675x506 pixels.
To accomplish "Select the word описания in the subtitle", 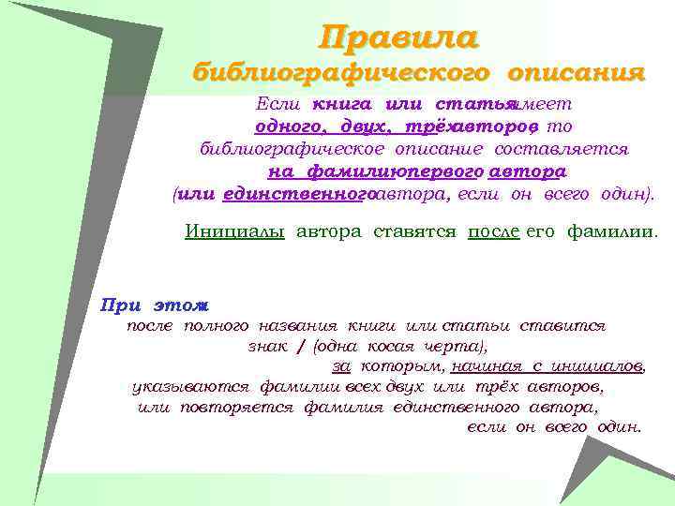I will (x=577, y=72).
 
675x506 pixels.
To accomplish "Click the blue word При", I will (x=120, y=305).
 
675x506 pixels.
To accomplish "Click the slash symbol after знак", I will (x=300, y=347).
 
